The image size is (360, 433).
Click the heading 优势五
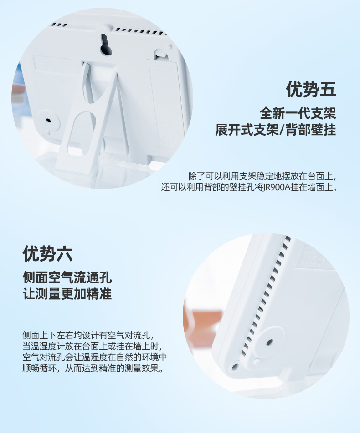(x=311, y=90)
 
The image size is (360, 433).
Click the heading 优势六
(x=47, y=253)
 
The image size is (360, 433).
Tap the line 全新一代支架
(x=298, y=113)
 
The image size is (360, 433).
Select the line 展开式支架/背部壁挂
(x=276, y=130)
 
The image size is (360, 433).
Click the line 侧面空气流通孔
(x=67, y=277)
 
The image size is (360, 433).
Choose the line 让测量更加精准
(x=67, y=293)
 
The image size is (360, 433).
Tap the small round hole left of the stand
(x=48, y=121)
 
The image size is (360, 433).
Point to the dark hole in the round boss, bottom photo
(x=269, y=342)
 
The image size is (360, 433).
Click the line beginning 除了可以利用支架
(x=262, y=176)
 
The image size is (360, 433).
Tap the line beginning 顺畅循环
(x=93, y=368)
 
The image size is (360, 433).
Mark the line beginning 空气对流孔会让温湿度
(x=95, y=357)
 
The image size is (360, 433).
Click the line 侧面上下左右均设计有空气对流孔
(x=88, y=336)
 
